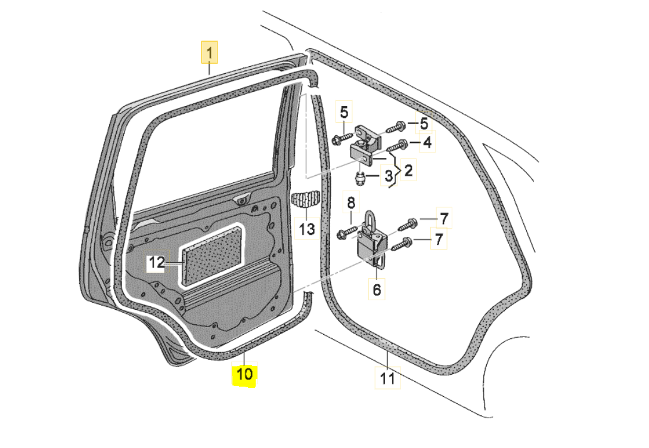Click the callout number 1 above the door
[x=209, y=53]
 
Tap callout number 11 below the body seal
[x=387, y=378]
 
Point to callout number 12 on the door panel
[x=156, y=262]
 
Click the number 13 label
[x=306, y=229]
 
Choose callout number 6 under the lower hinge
[x=376, y=290]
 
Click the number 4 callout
[x=427, y=143]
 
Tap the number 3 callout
[x=387, y=176]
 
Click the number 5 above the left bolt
[x=344, y=111]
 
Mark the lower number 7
[x=439, y=239]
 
